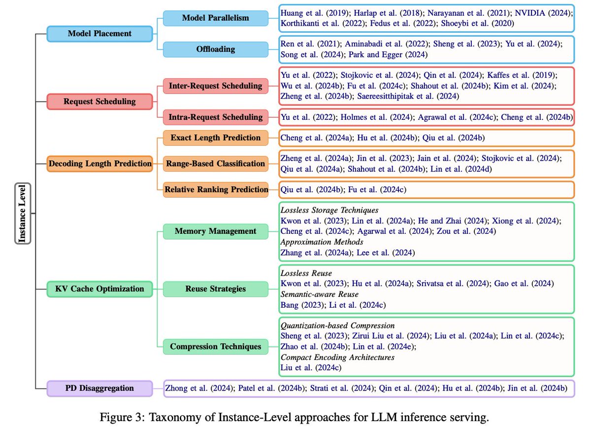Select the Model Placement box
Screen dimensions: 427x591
point(99,34)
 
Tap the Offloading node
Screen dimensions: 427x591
point(215,49)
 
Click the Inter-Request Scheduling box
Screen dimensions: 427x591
point(215,86)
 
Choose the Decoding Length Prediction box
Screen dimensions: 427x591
point(99,163)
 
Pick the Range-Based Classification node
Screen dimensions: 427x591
point(215,163)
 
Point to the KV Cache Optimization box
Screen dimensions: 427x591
point(99,289)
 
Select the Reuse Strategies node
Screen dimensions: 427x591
point(215,289)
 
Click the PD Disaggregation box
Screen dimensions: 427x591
point(99,388)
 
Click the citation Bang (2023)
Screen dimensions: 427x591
point(301,305)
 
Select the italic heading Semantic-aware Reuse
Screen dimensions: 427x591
point(322,294)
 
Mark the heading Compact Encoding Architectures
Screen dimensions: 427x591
point(337,357)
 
